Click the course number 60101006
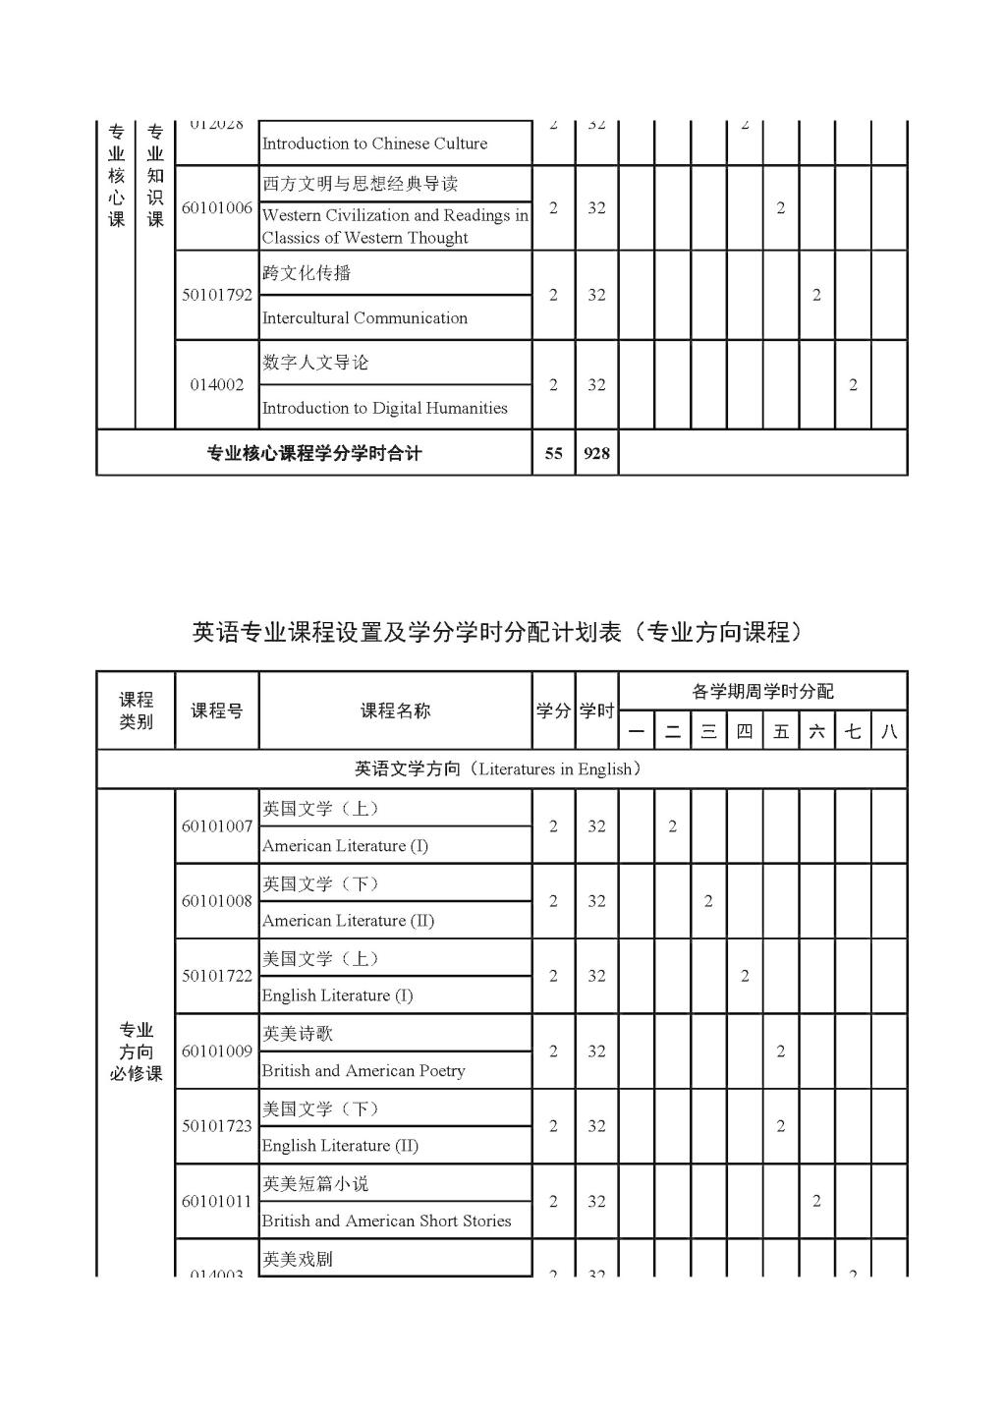[x=216, y=208]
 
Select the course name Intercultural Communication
[x=364, y=318]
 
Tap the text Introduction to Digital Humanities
[x=384, y=408]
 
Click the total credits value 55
[x=553, y=453]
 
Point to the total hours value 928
[x=596, y=453]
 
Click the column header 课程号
[x=216, y=710]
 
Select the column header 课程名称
[x=395, y=710]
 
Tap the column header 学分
[x=553, y=710]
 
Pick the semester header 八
[x=889, y=731]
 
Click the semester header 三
[x=708, y=731]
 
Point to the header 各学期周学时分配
[x=762, y=692]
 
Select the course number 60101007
[x=216, y=826]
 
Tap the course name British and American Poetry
[x=363, y=1071]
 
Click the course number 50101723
[x=216, y=1126]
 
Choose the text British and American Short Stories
[x=386, y=1221]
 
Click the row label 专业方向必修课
[x=136, y=1052]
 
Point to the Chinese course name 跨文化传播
[x=306, y=273]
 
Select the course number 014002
[x=216, y=385]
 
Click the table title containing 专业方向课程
[x=501, y=632]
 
